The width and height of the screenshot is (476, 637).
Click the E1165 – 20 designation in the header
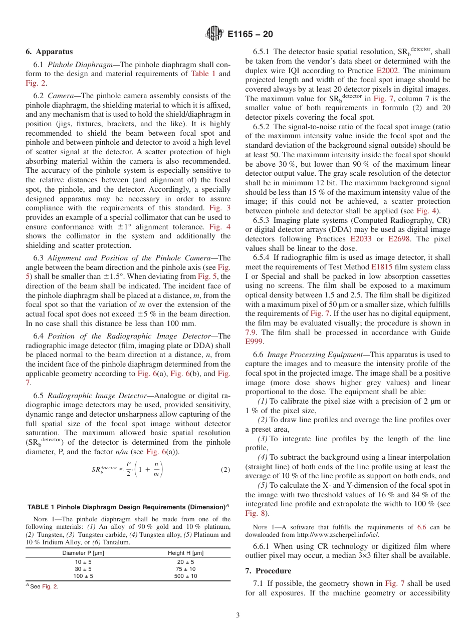(250, 35)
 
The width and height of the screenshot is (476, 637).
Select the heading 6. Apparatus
(49, 52)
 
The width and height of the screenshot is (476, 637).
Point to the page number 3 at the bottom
(237, 615)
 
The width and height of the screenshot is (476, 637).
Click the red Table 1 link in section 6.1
(203, 74)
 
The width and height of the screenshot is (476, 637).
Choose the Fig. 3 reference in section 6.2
(221, 207)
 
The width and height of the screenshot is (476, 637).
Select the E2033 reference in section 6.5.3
(361, 239)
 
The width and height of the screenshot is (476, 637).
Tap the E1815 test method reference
(381, 267)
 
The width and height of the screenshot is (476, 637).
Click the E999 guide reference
(254, 342)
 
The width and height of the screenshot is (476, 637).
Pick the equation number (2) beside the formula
(225, 470)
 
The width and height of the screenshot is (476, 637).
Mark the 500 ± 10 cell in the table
(185, 576)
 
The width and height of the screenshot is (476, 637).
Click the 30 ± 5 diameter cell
(83, 569)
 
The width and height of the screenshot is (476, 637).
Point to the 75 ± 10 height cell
(185, 569)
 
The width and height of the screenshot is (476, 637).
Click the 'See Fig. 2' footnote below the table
(44, 587)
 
